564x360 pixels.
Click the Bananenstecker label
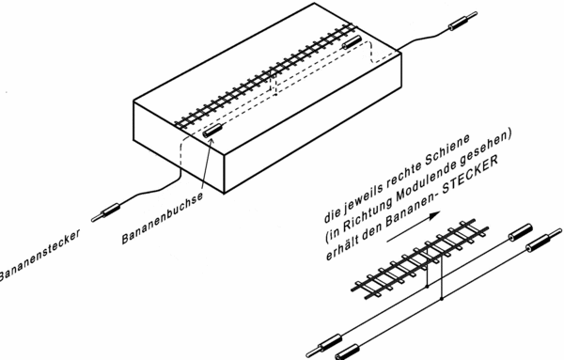[x=39, y=256]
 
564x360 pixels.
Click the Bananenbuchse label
[x=163, y=218]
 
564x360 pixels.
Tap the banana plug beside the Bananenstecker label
[x=105, y=212]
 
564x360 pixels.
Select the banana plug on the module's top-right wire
[x=463, y=21]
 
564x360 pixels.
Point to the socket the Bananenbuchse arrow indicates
[x=213, y=130]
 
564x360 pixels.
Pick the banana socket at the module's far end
[x=352, y=41]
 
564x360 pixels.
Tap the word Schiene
[x=447, y=151]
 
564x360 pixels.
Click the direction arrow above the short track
[x=414, y=227]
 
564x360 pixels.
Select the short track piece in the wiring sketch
[x=420, y=258]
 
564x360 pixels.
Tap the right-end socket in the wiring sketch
[x=520, y=232]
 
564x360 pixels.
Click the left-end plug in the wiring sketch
[x=323, y=346]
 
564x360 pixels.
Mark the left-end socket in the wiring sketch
[x=347, y=352]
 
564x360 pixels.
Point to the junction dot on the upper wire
[x=428, y=287]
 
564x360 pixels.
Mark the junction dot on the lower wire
[x=442, y=299]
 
